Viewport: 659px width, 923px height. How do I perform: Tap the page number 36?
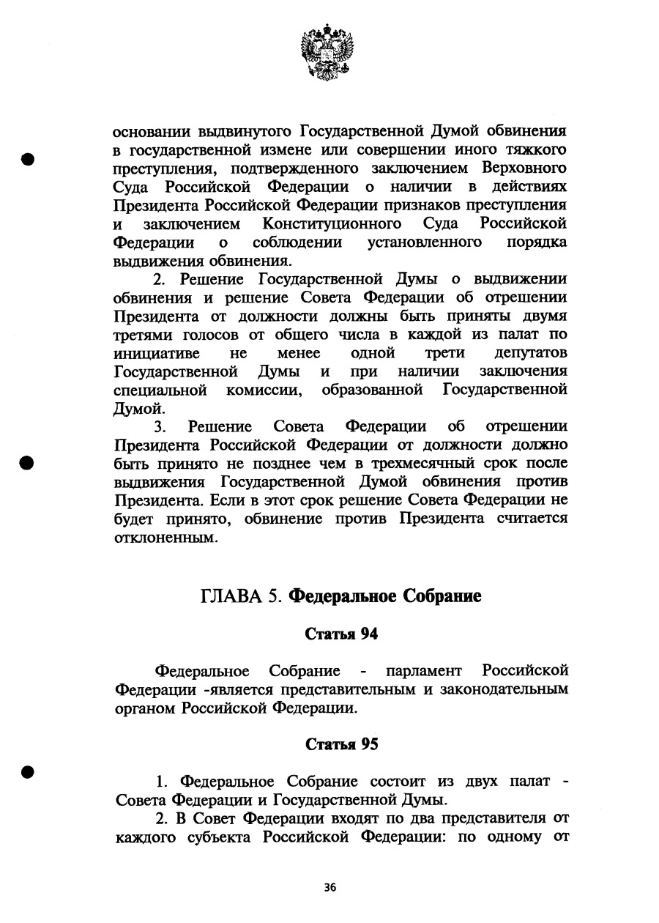click(329, 887)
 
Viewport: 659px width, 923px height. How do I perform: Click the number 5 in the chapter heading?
click(275, 596)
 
